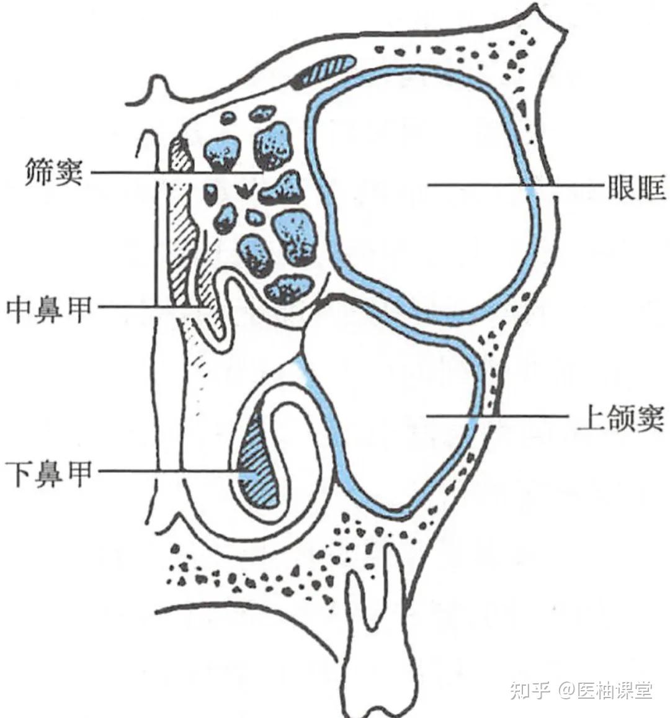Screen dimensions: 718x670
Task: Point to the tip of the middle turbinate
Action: pyautogui.click(x=217, y=335)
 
